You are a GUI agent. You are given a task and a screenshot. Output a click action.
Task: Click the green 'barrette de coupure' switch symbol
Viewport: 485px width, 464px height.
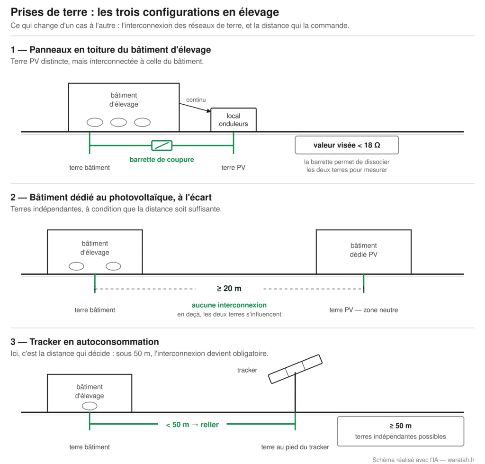click(162, 145)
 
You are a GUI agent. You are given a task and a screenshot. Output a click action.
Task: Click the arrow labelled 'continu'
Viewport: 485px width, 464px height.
click(195, 108)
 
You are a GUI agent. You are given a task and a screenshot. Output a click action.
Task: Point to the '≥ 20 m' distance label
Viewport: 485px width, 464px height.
click(229, 289)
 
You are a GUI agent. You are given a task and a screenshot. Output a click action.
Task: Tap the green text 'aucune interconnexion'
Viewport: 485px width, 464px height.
click(229, 305)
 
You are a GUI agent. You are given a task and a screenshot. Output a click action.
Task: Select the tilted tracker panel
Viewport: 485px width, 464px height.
click(295, 369)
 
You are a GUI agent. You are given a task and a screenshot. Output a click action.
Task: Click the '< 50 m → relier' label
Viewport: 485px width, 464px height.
click(192, 425)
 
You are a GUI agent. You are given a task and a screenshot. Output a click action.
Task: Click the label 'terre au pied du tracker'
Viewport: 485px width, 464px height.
click(295, 447)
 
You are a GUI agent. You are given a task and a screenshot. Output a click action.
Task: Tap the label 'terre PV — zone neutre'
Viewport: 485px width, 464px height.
click(364, 310)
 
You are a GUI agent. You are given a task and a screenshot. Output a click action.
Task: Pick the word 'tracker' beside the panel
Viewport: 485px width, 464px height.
click(247, 370)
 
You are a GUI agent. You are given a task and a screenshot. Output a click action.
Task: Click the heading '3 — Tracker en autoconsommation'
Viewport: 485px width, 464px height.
click(85, 342)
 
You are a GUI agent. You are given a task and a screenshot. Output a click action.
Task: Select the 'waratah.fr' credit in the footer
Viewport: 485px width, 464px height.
click(461, 460)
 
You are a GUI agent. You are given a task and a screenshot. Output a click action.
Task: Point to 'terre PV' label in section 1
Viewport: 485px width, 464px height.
click(234, 167)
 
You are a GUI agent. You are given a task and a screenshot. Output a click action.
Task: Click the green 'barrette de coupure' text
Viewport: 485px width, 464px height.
click(162, 159)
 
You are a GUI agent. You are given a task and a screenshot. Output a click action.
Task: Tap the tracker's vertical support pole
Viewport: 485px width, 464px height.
click(296, 392)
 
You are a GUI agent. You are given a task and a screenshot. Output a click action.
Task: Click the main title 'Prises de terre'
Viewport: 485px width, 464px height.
click(49, 12)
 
